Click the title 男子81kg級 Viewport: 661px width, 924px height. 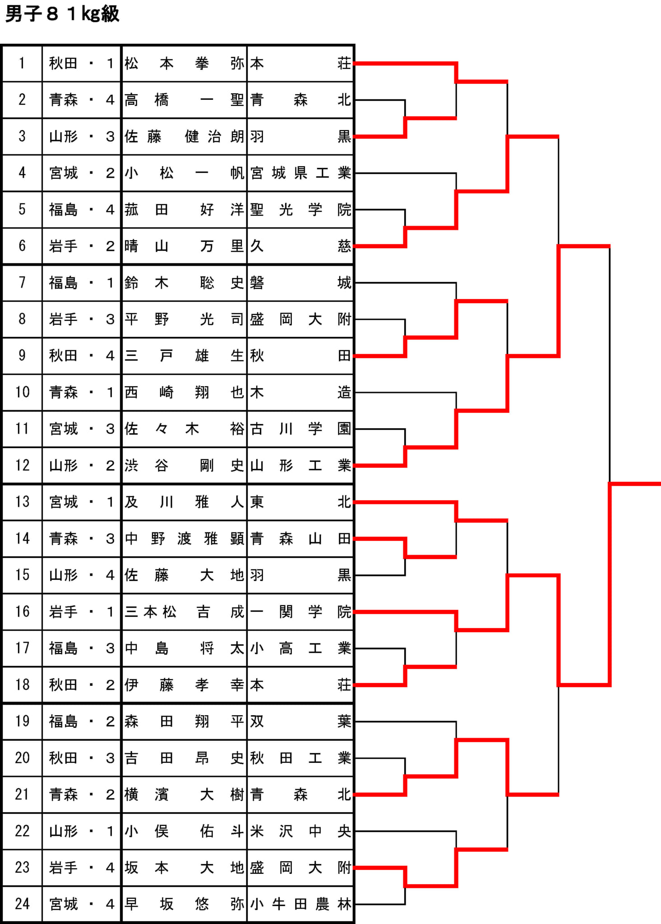(x=62, y=14)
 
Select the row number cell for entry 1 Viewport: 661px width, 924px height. (x=22, y=63)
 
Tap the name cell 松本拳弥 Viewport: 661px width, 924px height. (x=185, y=63)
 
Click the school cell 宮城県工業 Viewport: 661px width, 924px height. (x=300, y=173)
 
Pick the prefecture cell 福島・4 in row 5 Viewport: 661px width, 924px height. (x=82, y=209)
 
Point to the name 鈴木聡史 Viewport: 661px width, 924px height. (x=185, y=283)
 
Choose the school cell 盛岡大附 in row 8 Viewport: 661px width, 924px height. (x=300, y=319)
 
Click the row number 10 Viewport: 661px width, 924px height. (x=22, y=392)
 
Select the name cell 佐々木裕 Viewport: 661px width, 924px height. (x=185, y=429)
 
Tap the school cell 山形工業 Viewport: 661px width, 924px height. (x=300, y=465)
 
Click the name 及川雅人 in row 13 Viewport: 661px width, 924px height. (x=185, y=502)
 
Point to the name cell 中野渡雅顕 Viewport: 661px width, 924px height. (x=185, y=539)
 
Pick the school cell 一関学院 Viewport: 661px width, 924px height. (x=300, y=612)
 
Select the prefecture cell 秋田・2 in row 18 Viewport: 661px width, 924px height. (x=82, y=685)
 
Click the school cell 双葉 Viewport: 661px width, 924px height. (x=300, y=721)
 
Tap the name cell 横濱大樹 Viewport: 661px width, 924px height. (x=185, y=795)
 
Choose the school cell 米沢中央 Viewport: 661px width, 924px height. (x=300, y=831)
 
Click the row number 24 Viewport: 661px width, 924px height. (x=22, y=904)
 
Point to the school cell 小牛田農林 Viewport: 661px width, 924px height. (x=300, y=904)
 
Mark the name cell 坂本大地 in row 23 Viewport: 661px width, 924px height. (x=185, y=868)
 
